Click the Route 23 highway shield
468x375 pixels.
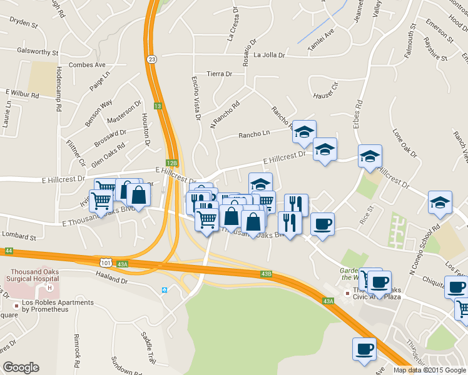pos(152,58)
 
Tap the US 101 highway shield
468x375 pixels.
pos(107,262)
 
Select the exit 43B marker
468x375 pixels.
pos(266,274)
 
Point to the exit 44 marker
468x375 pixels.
pos(8,251)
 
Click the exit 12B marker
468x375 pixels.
pos(173,162)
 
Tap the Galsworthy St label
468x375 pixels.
pos(38,52)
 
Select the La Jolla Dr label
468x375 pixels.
pos(269,55)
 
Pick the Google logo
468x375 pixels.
pos(21,367)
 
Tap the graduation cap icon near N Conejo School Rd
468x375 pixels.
pos(440,202)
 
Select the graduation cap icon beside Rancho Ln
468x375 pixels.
pos(304,131)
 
